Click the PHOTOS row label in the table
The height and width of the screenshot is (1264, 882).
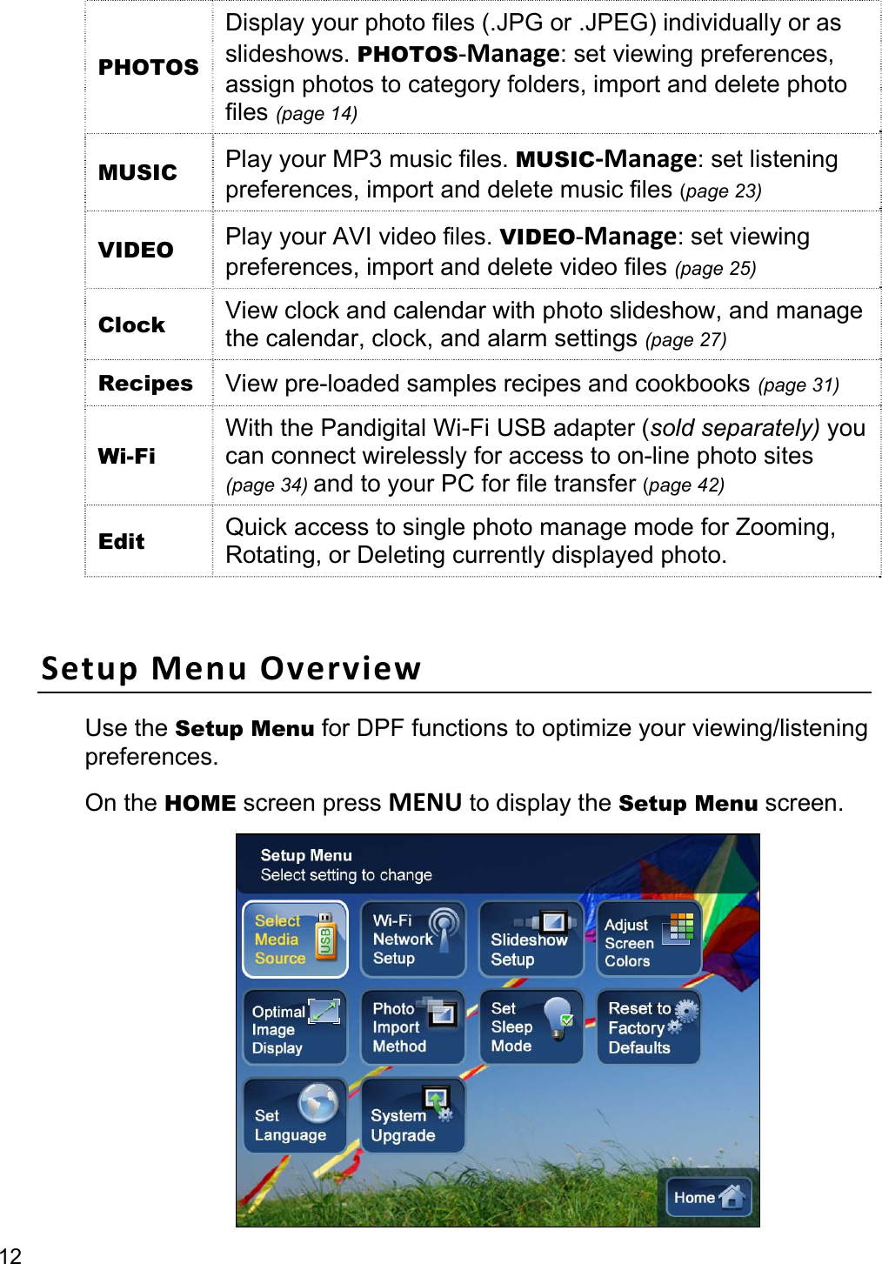(148, 67)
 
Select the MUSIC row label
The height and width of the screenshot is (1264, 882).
(137, 172)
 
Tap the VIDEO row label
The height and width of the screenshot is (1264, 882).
(136, 250)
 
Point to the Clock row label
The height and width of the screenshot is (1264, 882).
(131, 324)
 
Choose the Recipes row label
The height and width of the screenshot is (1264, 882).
(145, 384)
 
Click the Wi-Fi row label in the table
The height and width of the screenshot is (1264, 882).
(127, 456)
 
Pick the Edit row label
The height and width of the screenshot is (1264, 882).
(122, 541)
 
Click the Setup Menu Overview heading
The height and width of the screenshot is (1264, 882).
(231, 668)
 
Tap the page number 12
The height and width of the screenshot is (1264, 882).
(10, 1254)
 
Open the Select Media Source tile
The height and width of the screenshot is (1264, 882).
(295, 940)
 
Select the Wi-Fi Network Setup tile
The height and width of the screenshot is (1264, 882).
(413, 940)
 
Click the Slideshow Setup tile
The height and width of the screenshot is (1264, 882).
(531, 940)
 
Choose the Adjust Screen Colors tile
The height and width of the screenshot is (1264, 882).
(649, 940)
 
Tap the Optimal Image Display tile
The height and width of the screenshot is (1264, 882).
(295, 1028)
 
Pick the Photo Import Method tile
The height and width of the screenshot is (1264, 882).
(413, 1027)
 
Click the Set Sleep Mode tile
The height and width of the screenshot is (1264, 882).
(531, 1027)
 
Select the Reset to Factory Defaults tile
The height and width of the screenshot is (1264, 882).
(649, 1027)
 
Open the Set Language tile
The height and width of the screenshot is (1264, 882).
(295, 1116)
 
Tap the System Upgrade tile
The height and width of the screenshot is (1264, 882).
(413, 1116)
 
